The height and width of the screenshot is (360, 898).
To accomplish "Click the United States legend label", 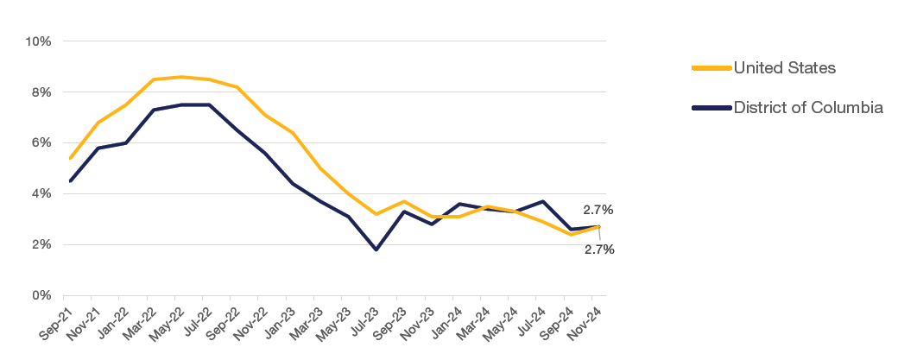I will point(784,67).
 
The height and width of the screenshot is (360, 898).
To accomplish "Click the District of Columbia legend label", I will point(807,108).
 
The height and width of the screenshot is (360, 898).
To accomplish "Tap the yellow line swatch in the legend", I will point(711,67).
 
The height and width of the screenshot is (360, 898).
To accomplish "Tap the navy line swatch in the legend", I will point(711,108).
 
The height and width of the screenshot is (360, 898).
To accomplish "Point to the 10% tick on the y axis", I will point(40,41).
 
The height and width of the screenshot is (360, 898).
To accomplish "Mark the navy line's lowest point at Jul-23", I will point(376,249).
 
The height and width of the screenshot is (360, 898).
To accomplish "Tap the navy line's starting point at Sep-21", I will point(70,181).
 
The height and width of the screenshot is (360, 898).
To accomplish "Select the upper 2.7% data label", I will point(598,209).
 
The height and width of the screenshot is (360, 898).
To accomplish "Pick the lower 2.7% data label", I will point(598,249).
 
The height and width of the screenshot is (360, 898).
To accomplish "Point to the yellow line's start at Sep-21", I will point(70,158).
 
